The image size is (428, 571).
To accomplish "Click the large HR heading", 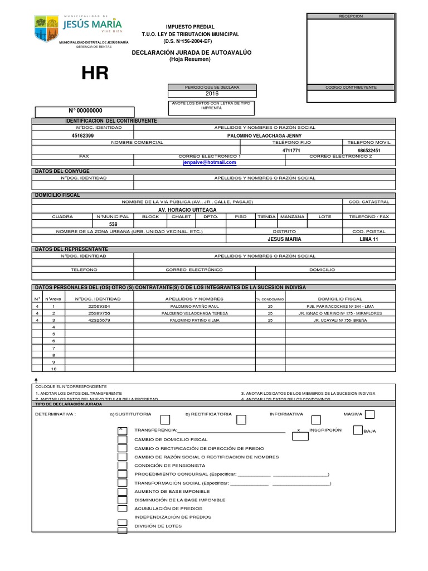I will [x=95, y=73].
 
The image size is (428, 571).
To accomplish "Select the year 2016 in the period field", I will [x=212, y=94].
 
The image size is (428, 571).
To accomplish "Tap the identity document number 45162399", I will [x=83, y=136].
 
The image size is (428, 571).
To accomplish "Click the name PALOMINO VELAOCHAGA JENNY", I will [x=265, y=136].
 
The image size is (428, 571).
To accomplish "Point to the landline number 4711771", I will [x=291, y=151].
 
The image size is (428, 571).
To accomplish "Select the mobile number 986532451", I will [x=368, y=151].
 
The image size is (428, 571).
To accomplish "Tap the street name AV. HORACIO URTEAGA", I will [x=187, y=210].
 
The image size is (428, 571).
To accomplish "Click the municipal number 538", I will [x=113, y=224].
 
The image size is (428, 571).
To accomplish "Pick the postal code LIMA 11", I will [x=368, y=239].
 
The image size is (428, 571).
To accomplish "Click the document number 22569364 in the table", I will [x=100, y=306].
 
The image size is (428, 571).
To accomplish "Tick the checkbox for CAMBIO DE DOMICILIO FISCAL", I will [x=122, y=439].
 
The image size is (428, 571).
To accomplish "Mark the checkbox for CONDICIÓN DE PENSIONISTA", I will [x=122, y=465].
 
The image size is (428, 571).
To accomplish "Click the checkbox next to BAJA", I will [x=358, y=430].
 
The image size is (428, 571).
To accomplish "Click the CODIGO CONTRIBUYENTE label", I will [x=351, y=88].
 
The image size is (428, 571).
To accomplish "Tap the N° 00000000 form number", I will [x=85, y=111].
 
